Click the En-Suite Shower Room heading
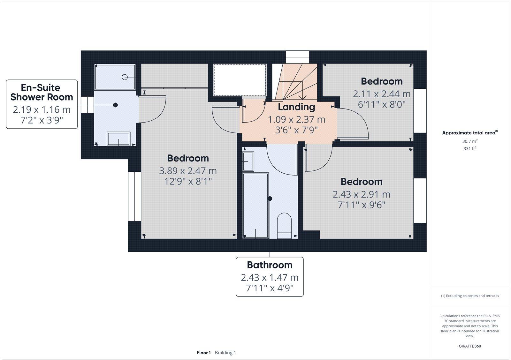42,92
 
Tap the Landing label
296,107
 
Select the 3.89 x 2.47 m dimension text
188,171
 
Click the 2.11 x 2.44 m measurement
381,94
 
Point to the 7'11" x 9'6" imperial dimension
361,205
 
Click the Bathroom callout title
270,265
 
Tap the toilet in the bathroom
284,225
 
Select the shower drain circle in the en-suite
125,77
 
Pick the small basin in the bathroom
248,161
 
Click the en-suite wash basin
118,139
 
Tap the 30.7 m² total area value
469,141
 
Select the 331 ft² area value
469,148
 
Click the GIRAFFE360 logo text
470,346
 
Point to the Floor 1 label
204,353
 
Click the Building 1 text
225,353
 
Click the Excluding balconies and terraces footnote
470,296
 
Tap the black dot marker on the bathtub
270,199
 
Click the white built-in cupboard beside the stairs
240,80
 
